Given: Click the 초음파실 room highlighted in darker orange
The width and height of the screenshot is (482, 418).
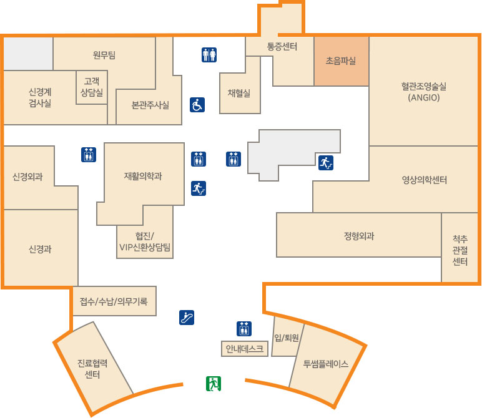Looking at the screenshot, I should tap(341, 61).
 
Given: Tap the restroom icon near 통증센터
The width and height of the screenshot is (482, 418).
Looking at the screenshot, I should tap(209, 56).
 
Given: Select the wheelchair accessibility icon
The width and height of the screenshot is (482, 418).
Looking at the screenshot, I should tap(197, 105).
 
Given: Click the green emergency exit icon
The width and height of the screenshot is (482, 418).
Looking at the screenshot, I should tap(214, 384).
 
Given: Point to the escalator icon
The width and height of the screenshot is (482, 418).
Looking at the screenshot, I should tap(187, 318).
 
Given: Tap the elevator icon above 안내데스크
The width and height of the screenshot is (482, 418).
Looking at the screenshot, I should tap(244, 328).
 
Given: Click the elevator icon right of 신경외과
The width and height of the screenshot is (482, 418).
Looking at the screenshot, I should tap(89, 155).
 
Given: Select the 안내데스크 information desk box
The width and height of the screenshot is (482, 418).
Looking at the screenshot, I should tap(245, 349).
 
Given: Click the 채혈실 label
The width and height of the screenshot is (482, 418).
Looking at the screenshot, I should tap(239, 93).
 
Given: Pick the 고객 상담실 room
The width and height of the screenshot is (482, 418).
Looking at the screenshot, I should tap(92, 86).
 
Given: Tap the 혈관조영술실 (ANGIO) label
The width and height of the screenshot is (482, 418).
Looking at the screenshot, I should tap(424, 92).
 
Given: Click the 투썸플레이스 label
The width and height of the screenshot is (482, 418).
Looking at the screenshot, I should tap(325, 363).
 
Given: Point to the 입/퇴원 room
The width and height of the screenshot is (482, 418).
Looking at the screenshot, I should tap(287, 338).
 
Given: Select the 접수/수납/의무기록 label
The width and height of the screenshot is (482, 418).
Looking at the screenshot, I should tap(114, 302).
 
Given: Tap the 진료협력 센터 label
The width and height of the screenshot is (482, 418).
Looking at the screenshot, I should tap(93, 369).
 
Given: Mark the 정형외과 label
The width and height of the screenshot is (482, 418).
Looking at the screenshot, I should tap(359, 236).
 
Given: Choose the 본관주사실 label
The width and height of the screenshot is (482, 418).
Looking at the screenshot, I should tap(150, 105).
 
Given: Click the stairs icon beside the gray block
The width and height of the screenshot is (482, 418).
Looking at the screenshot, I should tap(325, 163).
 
